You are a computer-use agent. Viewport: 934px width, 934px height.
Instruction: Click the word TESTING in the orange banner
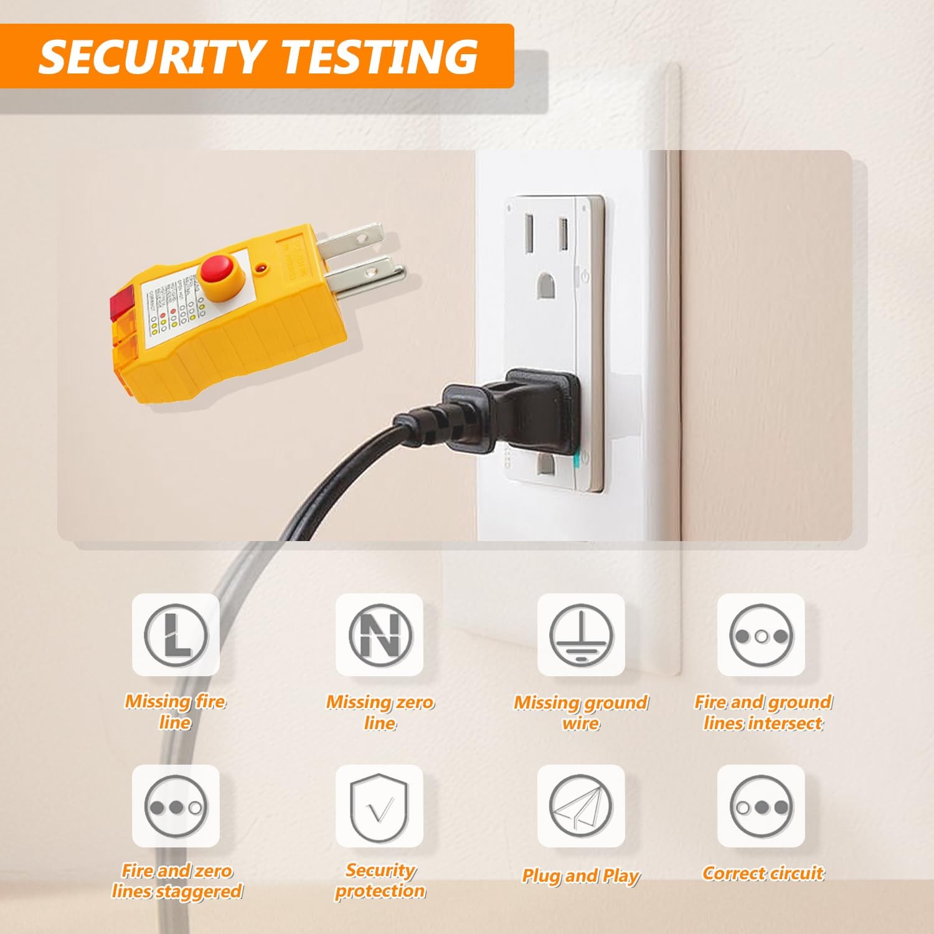coord(380,57)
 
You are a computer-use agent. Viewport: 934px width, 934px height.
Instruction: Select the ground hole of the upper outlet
coord(545,287)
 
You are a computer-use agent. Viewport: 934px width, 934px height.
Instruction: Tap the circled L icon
coord(176,635)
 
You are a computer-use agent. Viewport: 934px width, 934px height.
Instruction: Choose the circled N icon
coord(379,635)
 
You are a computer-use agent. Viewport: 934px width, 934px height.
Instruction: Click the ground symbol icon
coord(581,635)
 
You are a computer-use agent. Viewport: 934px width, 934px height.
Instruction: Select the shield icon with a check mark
coord(379,806)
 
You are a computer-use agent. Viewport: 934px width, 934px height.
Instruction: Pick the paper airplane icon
coord(581,806)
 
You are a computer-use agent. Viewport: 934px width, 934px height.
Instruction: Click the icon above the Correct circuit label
coord(761,806)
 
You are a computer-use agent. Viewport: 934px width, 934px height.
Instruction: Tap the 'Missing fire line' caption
coord(175,712)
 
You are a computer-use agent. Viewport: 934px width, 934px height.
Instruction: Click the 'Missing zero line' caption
coord(380,712)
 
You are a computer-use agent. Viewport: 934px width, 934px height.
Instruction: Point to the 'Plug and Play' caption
coord(580,875)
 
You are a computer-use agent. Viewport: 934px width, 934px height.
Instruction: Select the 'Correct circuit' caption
coord(763,873)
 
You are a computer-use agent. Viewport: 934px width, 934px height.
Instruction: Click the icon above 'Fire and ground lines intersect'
coord(761,635)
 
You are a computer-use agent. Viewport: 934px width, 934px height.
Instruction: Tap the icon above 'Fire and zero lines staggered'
coord(176,806)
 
